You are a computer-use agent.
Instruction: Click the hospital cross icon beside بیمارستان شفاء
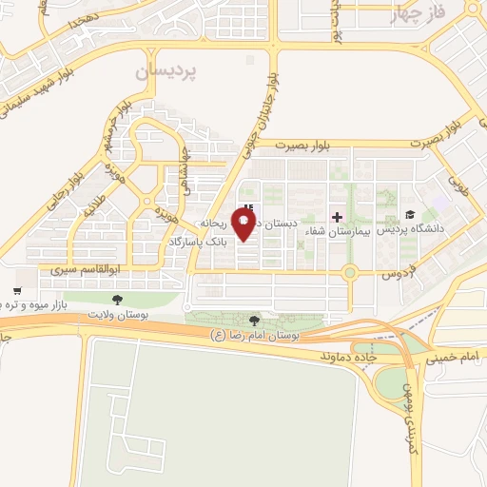click(x=337, y=217)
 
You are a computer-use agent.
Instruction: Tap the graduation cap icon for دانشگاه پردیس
click(x=410, y=215)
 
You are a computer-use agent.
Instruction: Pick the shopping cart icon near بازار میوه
click(x=17, y=291)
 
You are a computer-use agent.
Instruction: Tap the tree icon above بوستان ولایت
click(x=117, y=299)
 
